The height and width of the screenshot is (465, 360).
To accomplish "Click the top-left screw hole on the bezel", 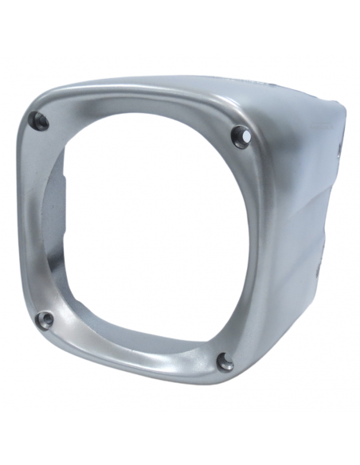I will click(37, 121).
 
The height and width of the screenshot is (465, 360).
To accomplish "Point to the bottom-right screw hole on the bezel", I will click(226, 364).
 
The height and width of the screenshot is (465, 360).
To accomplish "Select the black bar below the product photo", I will click(180, 438).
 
